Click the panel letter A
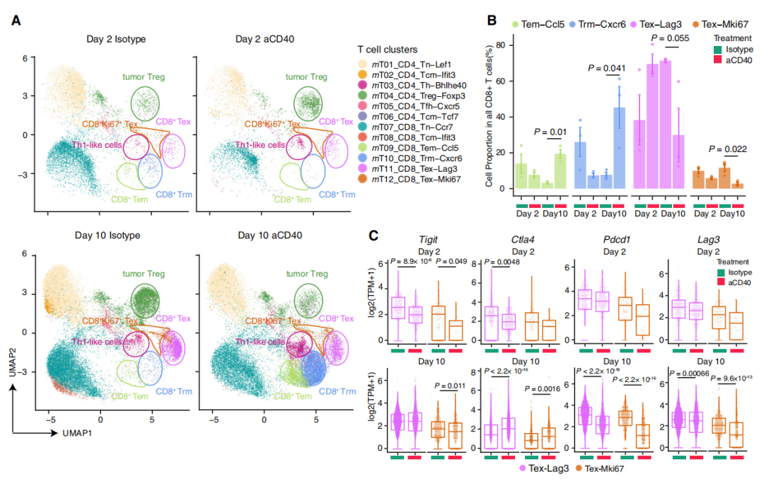[16, 21]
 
